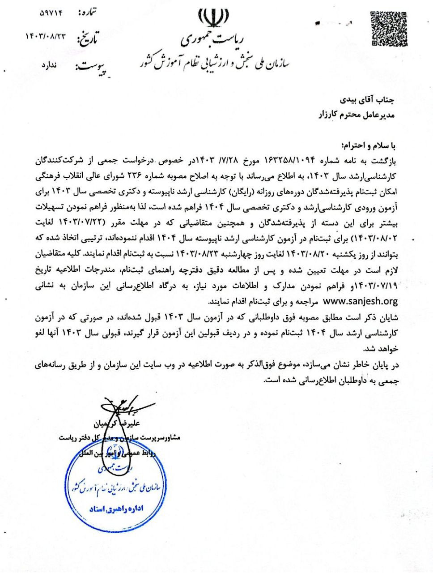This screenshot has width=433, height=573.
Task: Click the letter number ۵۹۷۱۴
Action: pyautogui.click(x=51, y=13)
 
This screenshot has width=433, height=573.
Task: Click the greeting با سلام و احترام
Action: pyautogui.click(x=369, y=146)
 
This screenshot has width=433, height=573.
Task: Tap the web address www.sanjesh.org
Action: pyautogui.click(x=360, y=301)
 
